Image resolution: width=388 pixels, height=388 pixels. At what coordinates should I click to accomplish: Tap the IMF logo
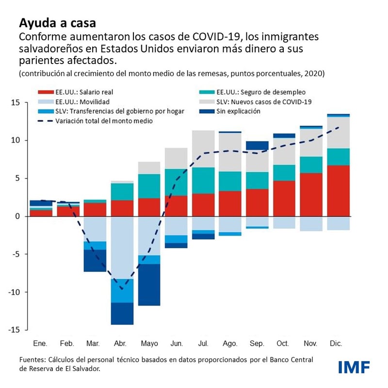[x=354, y=366]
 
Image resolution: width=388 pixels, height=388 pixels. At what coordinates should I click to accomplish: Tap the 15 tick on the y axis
[x=16, y=103]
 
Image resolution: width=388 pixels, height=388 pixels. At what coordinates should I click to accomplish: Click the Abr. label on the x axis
[x=120, y=343]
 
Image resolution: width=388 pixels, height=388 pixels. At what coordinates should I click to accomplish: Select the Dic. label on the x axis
[x=336, y=343]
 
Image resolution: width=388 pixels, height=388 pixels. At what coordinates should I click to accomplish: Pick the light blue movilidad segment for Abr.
[x=122, y=247]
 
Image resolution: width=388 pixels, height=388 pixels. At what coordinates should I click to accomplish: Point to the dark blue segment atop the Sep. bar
[x=257, y=145]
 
